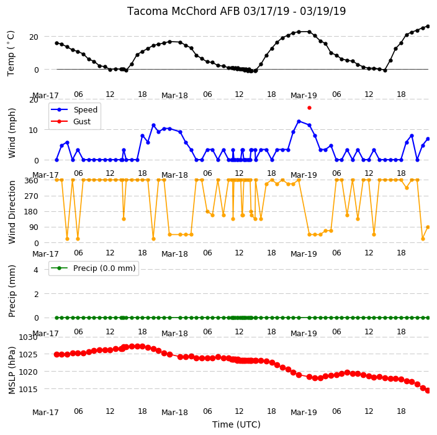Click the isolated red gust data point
tap(309, 108)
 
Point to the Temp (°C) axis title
tap(11, 53)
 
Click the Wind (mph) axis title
tap(12, 134)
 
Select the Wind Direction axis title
tap(12, 212)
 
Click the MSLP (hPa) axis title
tap(12, 370)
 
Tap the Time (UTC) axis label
tap(237, 424)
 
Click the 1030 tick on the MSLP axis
tap(27, 337)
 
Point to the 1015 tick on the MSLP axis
tap(27, 389)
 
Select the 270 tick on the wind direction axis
tap(31, 196)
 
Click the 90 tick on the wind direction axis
tap(34, 227)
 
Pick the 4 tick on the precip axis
tap(36, 270)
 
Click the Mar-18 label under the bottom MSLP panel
tap(174, 413)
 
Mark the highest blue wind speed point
tap(299, 121)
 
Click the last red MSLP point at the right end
tap(428, 391)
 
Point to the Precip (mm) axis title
tap(12, 291)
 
